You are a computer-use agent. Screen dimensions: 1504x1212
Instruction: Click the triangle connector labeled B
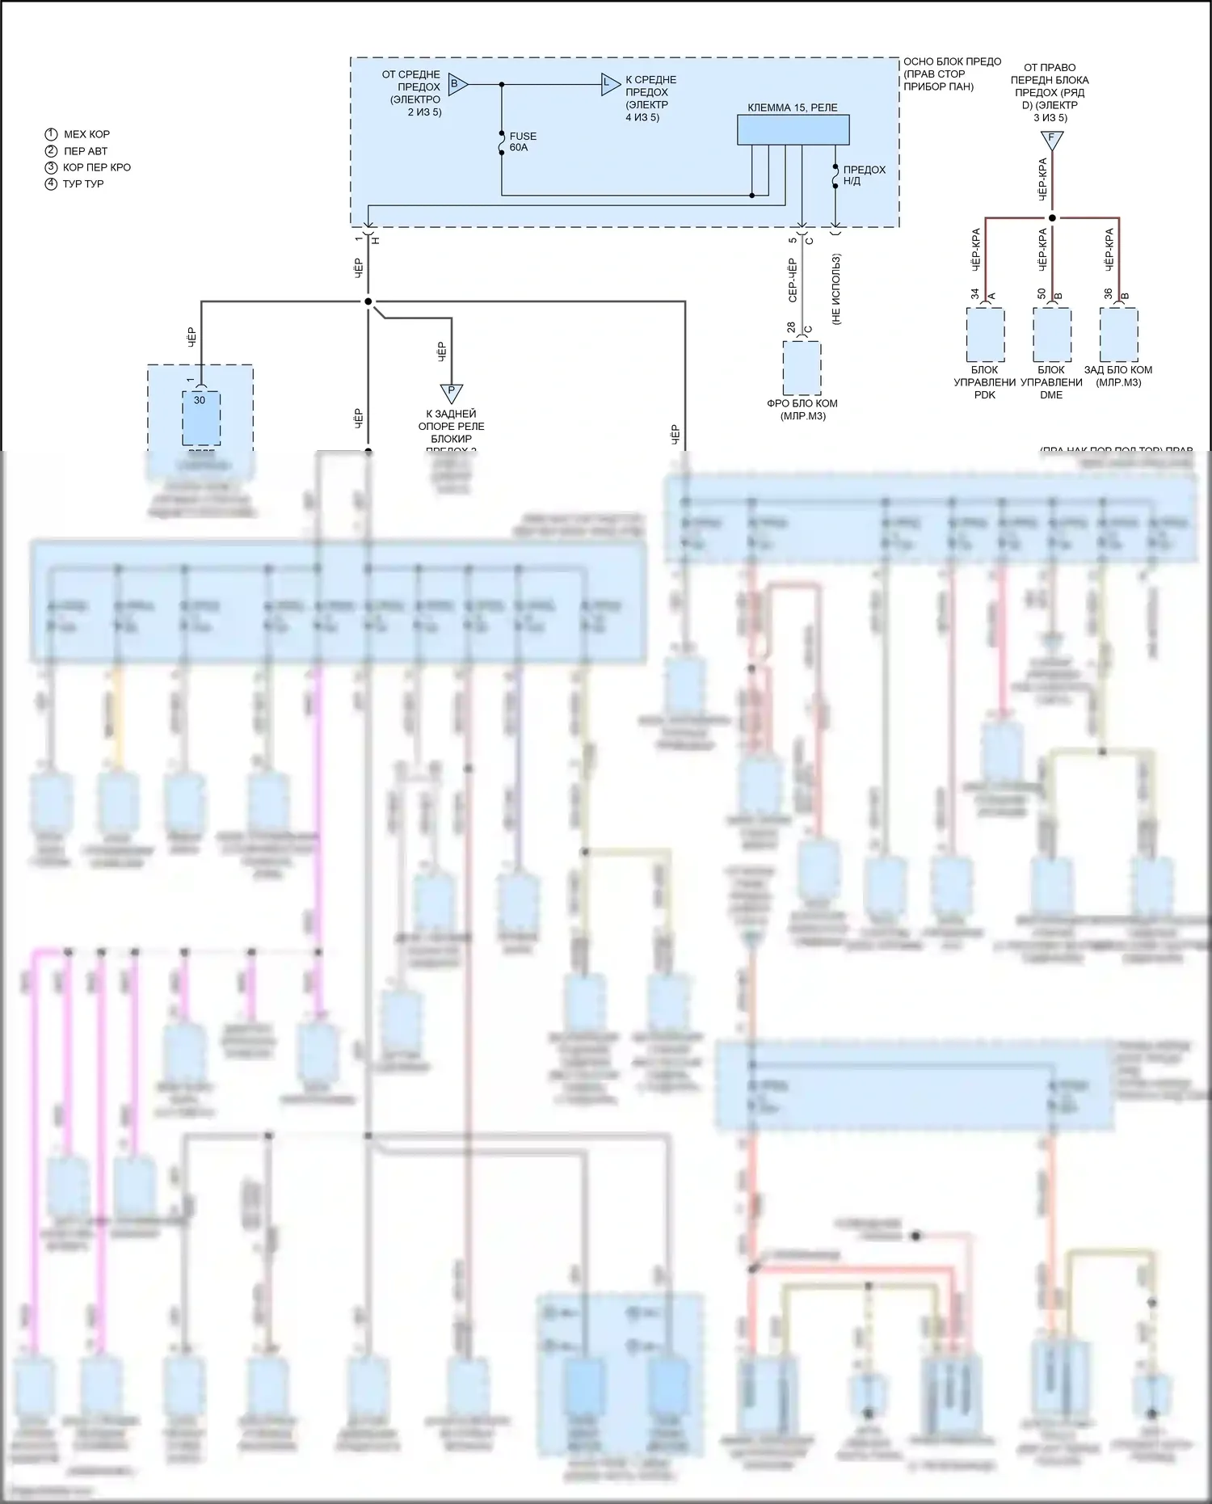(457, 84)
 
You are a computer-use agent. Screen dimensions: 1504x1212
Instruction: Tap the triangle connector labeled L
(609, 84)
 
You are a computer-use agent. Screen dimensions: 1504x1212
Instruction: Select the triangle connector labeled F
(1051, 140)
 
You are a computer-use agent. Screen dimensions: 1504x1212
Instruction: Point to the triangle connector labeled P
(451, 393)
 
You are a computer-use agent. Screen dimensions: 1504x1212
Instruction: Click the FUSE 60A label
(523, 142)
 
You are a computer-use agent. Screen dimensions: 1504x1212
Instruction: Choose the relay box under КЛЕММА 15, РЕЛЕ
(793, 130)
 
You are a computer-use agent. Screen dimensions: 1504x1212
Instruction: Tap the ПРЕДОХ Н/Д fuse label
(864, 175)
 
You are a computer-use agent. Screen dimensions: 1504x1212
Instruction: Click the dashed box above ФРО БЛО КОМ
(802, 368)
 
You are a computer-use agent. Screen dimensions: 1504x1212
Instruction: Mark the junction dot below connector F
(1052, 218)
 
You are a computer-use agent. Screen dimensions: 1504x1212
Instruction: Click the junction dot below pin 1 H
(368, 302)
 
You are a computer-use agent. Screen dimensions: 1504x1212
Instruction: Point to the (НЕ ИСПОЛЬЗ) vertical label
(836, 289)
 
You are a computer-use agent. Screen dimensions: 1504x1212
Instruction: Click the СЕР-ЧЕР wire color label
(793, 280)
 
